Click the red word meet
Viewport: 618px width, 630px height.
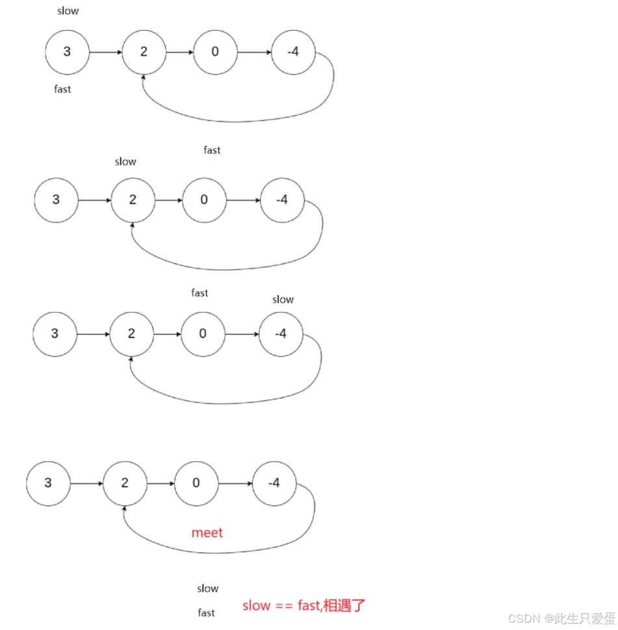pos(207,533)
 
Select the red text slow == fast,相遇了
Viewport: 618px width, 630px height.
pos(304,606)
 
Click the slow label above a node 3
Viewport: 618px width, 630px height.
pos(68,11)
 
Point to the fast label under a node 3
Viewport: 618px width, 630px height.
pos(62,90)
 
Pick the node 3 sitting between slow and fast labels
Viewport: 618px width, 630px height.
pos(67,52)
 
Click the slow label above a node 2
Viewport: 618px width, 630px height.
pos(125,162)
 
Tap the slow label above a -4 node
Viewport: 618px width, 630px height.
pos(283,300)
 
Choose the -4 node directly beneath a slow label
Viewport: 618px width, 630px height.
pos(281,334)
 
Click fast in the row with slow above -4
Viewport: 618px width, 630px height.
pos(200,293)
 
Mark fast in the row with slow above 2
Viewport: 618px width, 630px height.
pos(212,151)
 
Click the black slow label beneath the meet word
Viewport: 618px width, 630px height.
pos(208,588)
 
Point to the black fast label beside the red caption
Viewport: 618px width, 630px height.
pos(207,612)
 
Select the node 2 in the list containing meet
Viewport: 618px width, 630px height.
pos(125,483)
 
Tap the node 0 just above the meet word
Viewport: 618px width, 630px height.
pos(196,483)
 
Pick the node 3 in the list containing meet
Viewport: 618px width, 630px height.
pos(48,483)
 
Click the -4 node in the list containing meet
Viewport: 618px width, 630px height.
pos(274,483)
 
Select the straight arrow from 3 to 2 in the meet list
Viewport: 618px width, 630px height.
pos(86,484)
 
